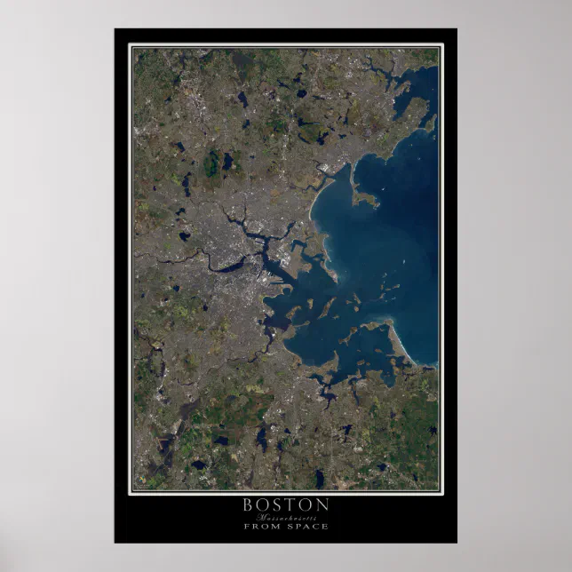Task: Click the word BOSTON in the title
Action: [x=286, y=504]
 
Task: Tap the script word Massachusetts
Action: [x=286, y=516]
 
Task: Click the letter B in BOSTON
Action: [x=248, y=504]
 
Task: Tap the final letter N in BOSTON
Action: [x=324, y=504]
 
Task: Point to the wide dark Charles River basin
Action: [x=229, y=266]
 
